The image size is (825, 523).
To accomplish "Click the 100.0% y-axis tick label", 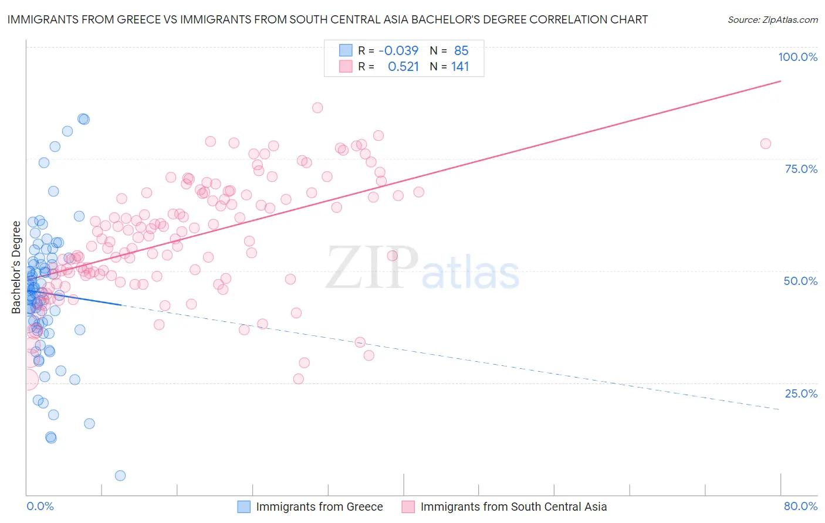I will [797, 57].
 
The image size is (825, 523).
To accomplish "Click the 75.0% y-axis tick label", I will [800, 169].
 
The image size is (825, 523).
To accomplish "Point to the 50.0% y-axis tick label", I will [800, 281].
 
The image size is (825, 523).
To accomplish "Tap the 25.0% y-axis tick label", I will [800, 393].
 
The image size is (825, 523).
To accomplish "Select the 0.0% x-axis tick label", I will [40, 506].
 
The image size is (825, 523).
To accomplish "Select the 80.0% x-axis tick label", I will [800, 506].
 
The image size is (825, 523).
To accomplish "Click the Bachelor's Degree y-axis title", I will [16, 267].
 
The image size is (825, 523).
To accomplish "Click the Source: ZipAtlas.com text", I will [772, 19].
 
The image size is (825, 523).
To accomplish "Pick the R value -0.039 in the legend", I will [398, 50].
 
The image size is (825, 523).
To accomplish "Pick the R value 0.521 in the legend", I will [403, 67].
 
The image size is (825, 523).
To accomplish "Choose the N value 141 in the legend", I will [460, 67].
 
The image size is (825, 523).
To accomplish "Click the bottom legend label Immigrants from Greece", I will [319, 507].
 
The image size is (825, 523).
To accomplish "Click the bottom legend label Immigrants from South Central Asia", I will [513, 507].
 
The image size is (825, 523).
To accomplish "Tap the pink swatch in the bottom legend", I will [408, 507].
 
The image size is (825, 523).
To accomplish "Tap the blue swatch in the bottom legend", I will [244, 507].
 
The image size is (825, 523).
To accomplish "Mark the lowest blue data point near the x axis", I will [120, 476].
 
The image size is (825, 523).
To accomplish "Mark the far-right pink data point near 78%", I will [765, 144].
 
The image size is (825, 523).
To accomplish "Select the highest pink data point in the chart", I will [317, 107].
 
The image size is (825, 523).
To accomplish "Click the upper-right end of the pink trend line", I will [780, 81].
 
